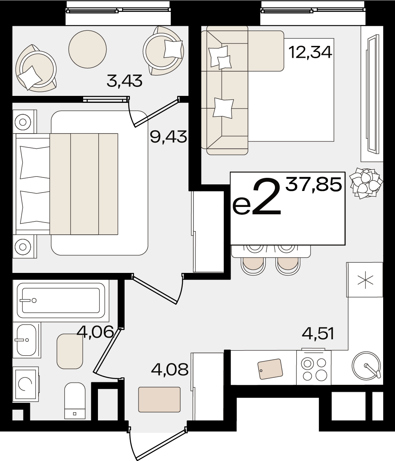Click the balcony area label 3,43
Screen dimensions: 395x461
tap(125, 81)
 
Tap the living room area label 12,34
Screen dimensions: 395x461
tap(310, 52)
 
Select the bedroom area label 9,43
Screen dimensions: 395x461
tap(168, 136)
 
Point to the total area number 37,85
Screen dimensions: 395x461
tap(314, 185)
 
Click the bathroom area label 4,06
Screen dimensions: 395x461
tap(95, 332)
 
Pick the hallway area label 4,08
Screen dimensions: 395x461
tap(170, 370)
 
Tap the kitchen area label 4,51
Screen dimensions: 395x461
tap(318, 334)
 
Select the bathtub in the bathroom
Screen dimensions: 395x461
tap(61, 300)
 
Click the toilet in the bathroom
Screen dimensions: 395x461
tap(75, 400)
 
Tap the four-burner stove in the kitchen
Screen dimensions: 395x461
tap(314, 368)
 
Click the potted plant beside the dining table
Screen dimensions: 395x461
tap(366, 183)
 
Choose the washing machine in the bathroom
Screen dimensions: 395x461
tap(25, 384)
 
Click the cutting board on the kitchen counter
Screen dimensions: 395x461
tap(270, 369)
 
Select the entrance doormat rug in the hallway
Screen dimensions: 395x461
tap(159, 400)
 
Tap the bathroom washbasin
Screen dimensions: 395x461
tap(27, 340)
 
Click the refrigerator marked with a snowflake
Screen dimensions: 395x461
tap(365, 279)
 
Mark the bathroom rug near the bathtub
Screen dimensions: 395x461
tap(70, 351)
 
